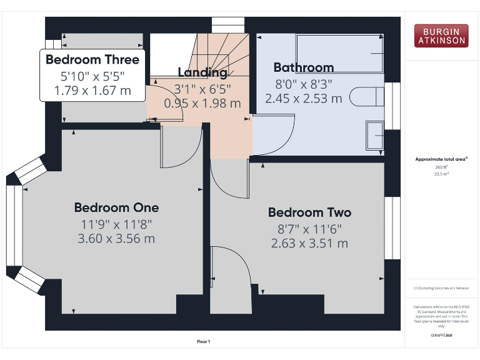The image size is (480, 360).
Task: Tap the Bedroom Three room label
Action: (92, 60)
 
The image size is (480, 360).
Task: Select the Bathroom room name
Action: (304, 67)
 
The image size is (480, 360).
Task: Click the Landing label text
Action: (202, 72)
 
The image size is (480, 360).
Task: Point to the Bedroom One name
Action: (116, 207)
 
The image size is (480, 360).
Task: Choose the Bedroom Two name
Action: (309, 212)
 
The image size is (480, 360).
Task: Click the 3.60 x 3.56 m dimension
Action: (116, 238)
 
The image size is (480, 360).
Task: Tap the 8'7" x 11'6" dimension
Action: (309, 229)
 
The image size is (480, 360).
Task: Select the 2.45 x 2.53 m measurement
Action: (304, 98)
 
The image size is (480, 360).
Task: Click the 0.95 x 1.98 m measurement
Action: (202, 103)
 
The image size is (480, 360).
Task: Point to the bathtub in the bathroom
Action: (339, 54)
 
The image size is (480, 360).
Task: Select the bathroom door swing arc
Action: (275, 134)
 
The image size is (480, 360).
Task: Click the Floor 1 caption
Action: (204, 341)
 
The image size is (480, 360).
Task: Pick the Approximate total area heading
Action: (441, 159)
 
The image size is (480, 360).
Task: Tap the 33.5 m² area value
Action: (441, 174)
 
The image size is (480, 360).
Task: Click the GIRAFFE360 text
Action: (441, 336)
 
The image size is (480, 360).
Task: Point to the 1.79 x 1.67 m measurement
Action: (92, 91)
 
